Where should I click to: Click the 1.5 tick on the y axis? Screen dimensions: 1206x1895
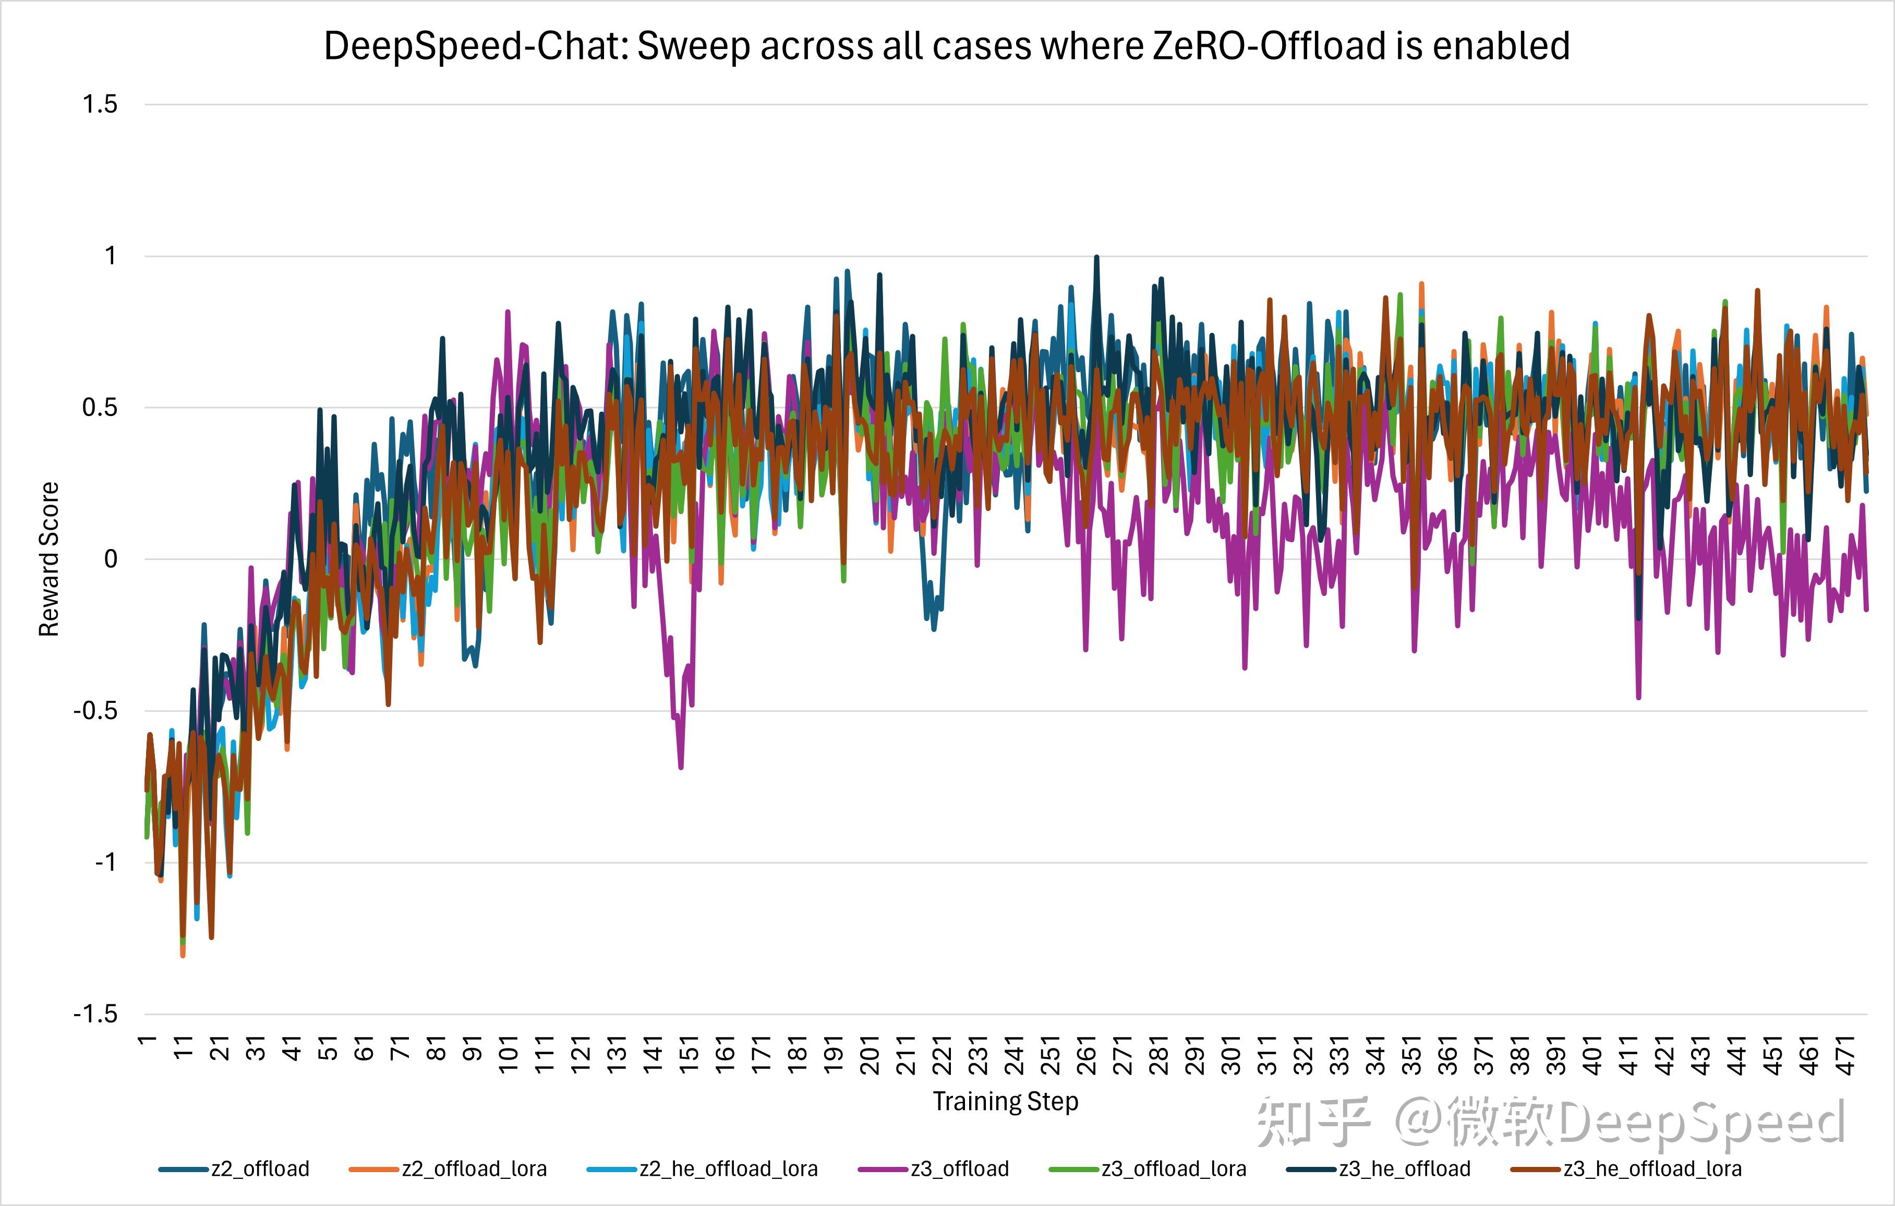tap(100, 104)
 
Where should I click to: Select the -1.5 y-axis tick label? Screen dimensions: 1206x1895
tap(95, 1013)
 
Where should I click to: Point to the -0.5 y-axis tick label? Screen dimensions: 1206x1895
tap(95, 710)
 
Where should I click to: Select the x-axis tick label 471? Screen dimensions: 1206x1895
tap(1845, 1054)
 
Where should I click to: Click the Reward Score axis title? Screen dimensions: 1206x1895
tap(49, 558)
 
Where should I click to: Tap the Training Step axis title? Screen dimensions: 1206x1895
tap(1005, 1101)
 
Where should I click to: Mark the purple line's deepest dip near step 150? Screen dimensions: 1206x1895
tap(681, 767)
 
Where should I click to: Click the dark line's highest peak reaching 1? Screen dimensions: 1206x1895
tap(1096, 257)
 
